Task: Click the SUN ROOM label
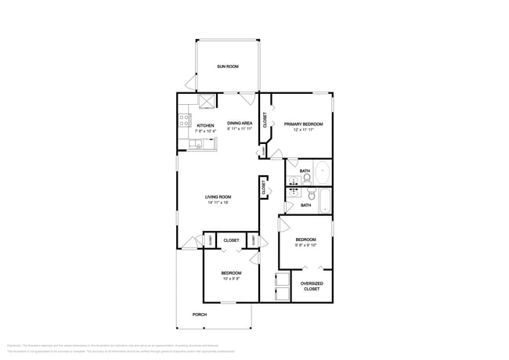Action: [228, 66]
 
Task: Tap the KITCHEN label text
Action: [205, 125]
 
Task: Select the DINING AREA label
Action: [240, 123]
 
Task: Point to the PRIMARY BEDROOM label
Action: [303, 124]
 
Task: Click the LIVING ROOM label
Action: [218, 196]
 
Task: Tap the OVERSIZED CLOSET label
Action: [312, 286]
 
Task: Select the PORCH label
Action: [200, 315]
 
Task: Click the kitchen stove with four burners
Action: [185, 120]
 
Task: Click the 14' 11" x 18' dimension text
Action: [218, 203]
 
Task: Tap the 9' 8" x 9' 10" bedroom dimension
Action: [305, 245]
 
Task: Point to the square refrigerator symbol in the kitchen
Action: [208, 101]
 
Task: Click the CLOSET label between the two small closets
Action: [231, 240]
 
